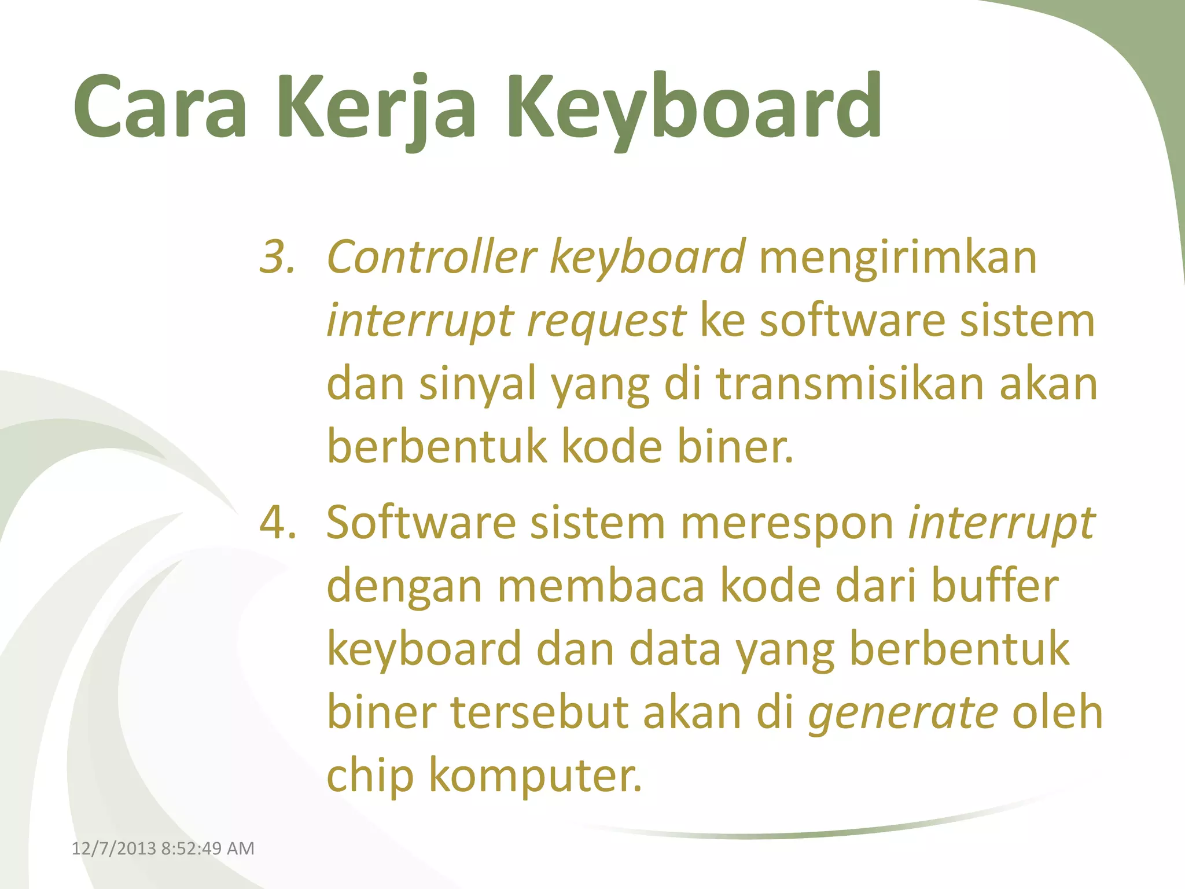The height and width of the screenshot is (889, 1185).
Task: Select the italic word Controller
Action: pyautogui.click(x=432, y=257)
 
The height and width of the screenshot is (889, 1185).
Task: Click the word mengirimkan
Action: pyautogui.click(x=897, y=257)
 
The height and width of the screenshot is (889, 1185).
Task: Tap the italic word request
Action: pyautogui.click(x=606, y=321)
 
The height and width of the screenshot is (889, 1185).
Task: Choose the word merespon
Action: pyautogui.click(x=787, y=523)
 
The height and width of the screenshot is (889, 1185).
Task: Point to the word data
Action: pyautogui.click(x=675, y=649)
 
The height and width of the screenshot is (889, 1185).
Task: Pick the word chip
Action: pyautogui.click(x=370, y=776)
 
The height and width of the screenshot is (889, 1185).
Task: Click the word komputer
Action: pyautogui.click(x=535, y=776)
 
